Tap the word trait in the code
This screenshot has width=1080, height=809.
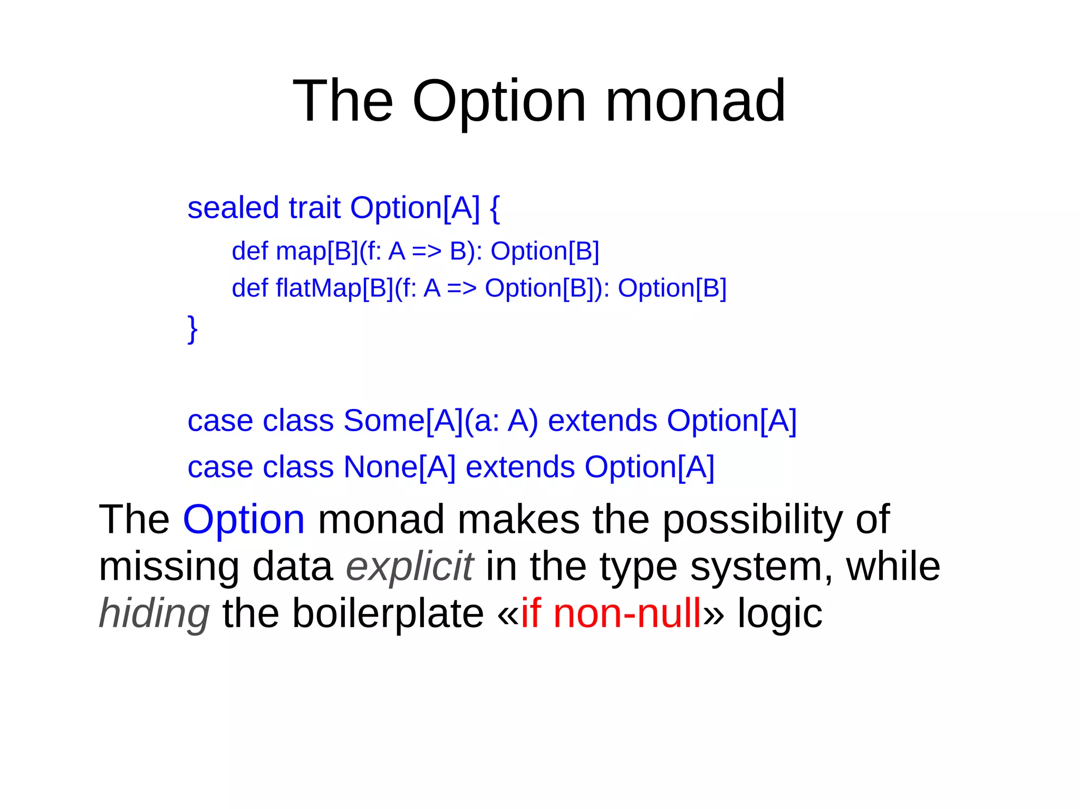[x=314, y=208]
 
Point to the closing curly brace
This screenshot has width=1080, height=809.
[x=193, y=329]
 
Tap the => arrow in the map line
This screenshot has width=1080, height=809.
[x=426, y=251]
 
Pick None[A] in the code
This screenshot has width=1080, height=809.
[x=399, y=467]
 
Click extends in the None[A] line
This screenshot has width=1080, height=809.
[x=520, y=467]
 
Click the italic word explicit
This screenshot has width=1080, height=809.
[x=410, y=567]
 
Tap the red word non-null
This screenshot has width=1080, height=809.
[x=627, y=613]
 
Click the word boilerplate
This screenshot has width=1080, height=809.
[x=388, y=613]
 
